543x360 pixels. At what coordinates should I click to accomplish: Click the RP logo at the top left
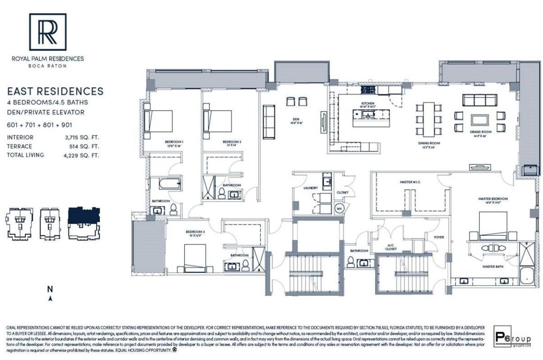pyautogui.click(x=48, y=31)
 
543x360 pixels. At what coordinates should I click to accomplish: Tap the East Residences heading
pyautogui.click(x=55, y=91)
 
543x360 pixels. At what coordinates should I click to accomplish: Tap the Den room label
pyautogui.click(x=294, y=119)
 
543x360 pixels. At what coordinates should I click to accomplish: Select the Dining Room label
pyautogui.click(x=425, y=143)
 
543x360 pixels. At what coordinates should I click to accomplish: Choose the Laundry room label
pyautogui.click(x=311, y=188)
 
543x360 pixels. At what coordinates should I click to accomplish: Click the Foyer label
pyautogui.click(x=439, y=237)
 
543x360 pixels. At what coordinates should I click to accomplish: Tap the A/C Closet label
pyautogui.click(x=391, y=247)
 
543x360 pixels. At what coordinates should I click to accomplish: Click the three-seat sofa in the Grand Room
pyautogui.click(x=479, y=100)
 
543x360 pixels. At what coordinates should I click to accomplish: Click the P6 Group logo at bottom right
pyautogui.click(x=513, y=338)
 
